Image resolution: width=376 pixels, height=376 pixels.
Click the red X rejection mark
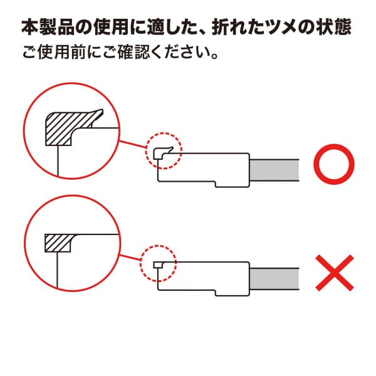pyautogui.click(x=335, y=273)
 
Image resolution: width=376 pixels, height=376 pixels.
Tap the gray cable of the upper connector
pyautogui.click(x=274, y=170)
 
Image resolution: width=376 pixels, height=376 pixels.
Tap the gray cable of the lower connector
pyautogui.click(x=274, y=279)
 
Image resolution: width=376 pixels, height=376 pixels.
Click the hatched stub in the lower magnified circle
pyautogui.click(x=58, y=243)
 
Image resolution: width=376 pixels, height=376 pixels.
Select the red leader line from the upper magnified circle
pyautogui.click(x=133, y=144)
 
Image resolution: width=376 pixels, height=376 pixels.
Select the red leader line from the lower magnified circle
pyautogui.click(x=130, y=258)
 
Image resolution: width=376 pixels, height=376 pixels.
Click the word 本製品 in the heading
pyautogui.click(x=48, y=27)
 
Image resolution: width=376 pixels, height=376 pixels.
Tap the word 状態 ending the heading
pyautogui.click(x=334, y=27)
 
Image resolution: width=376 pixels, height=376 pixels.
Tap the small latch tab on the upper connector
pyautogui.click(x=162, y=152)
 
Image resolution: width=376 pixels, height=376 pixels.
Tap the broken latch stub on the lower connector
pyautogui.click(x=159, y=264)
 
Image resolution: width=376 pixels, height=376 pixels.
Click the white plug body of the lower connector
pyautogui.click(x=204, y=278)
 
